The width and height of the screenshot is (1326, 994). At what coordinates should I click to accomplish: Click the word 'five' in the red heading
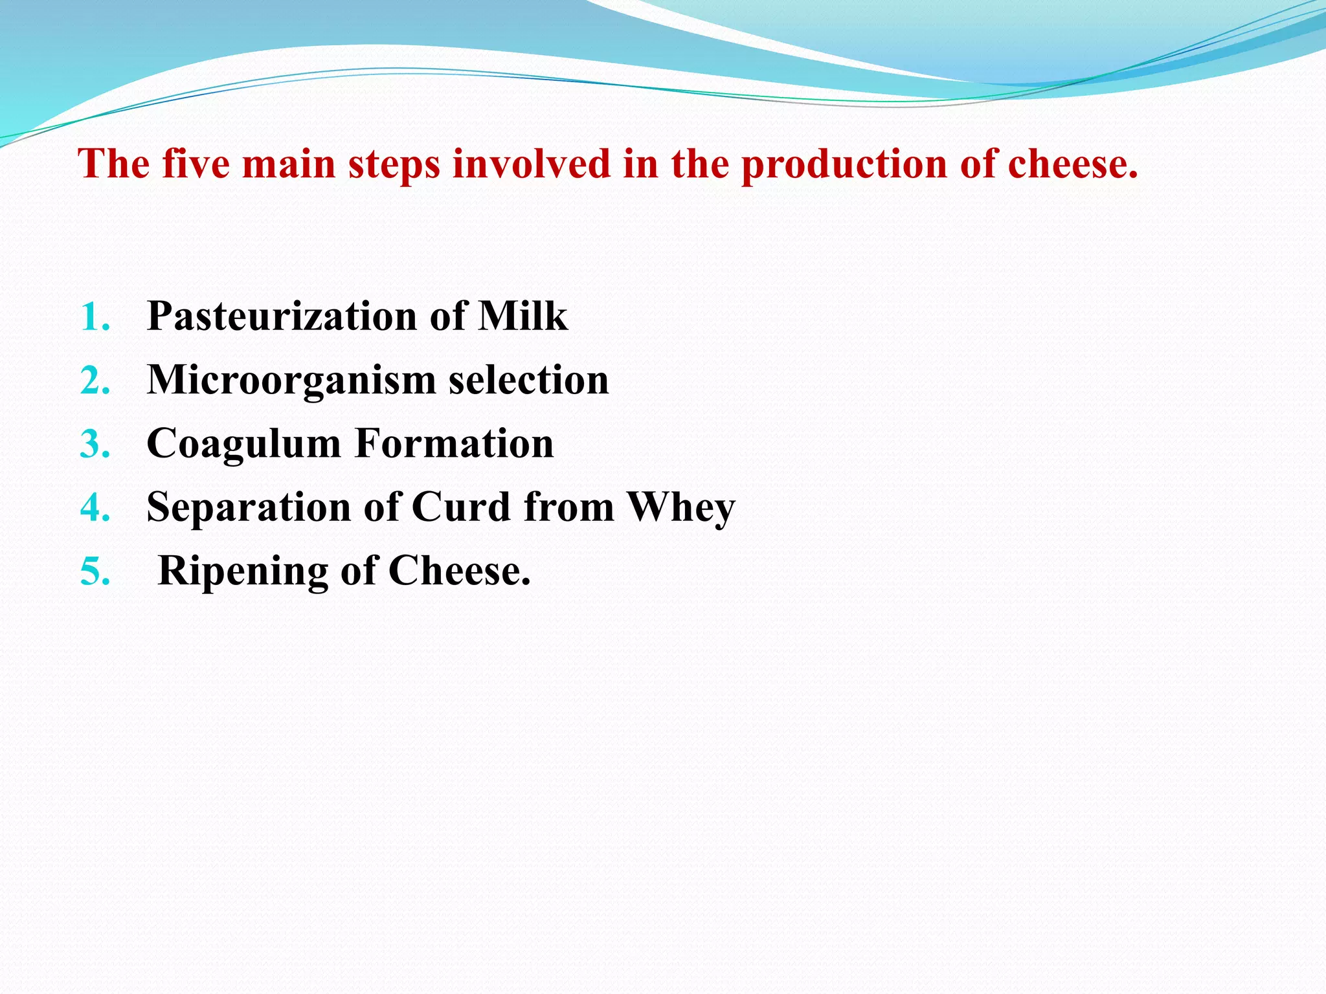pos(196,163)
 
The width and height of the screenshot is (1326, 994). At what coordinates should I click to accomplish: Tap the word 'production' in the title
pos(844,164)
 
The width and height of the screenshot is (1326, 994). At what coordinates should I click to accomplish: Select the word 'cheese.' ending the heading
pos(1073,163)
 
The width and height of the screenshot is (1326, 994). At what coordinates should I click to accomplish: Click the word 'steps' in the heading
pos(394,164)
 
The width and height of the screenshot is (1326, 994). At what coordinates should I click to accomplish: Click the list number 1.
pos(95,318)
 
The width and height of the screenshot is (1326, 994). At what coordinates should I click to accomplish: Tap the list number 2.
pos(95,381)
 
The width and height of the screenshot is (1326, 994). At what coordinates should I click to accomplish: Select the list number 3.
pos(95,445)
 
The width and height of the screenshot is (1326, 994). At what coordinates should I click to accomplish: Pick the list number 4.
pos(95,508)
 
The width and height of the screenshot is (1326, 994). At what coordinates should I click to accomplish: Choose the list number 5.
pos(95,572)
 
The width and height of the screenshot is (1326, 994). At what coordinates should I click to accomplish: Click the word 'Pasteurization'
pos(282,316)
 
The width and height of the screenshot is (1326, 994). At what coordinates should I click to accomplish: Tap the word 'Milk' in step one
pos(523,316)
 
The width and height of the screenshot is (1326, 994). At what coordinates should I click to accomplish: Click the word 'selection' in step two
pos(529,379)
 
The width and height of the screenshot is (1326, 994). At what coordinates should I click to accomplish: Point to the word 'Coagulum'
pos(244,445)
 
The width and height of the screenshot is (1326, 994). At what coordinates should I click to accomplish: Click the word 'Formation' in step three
pos(455,443)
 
